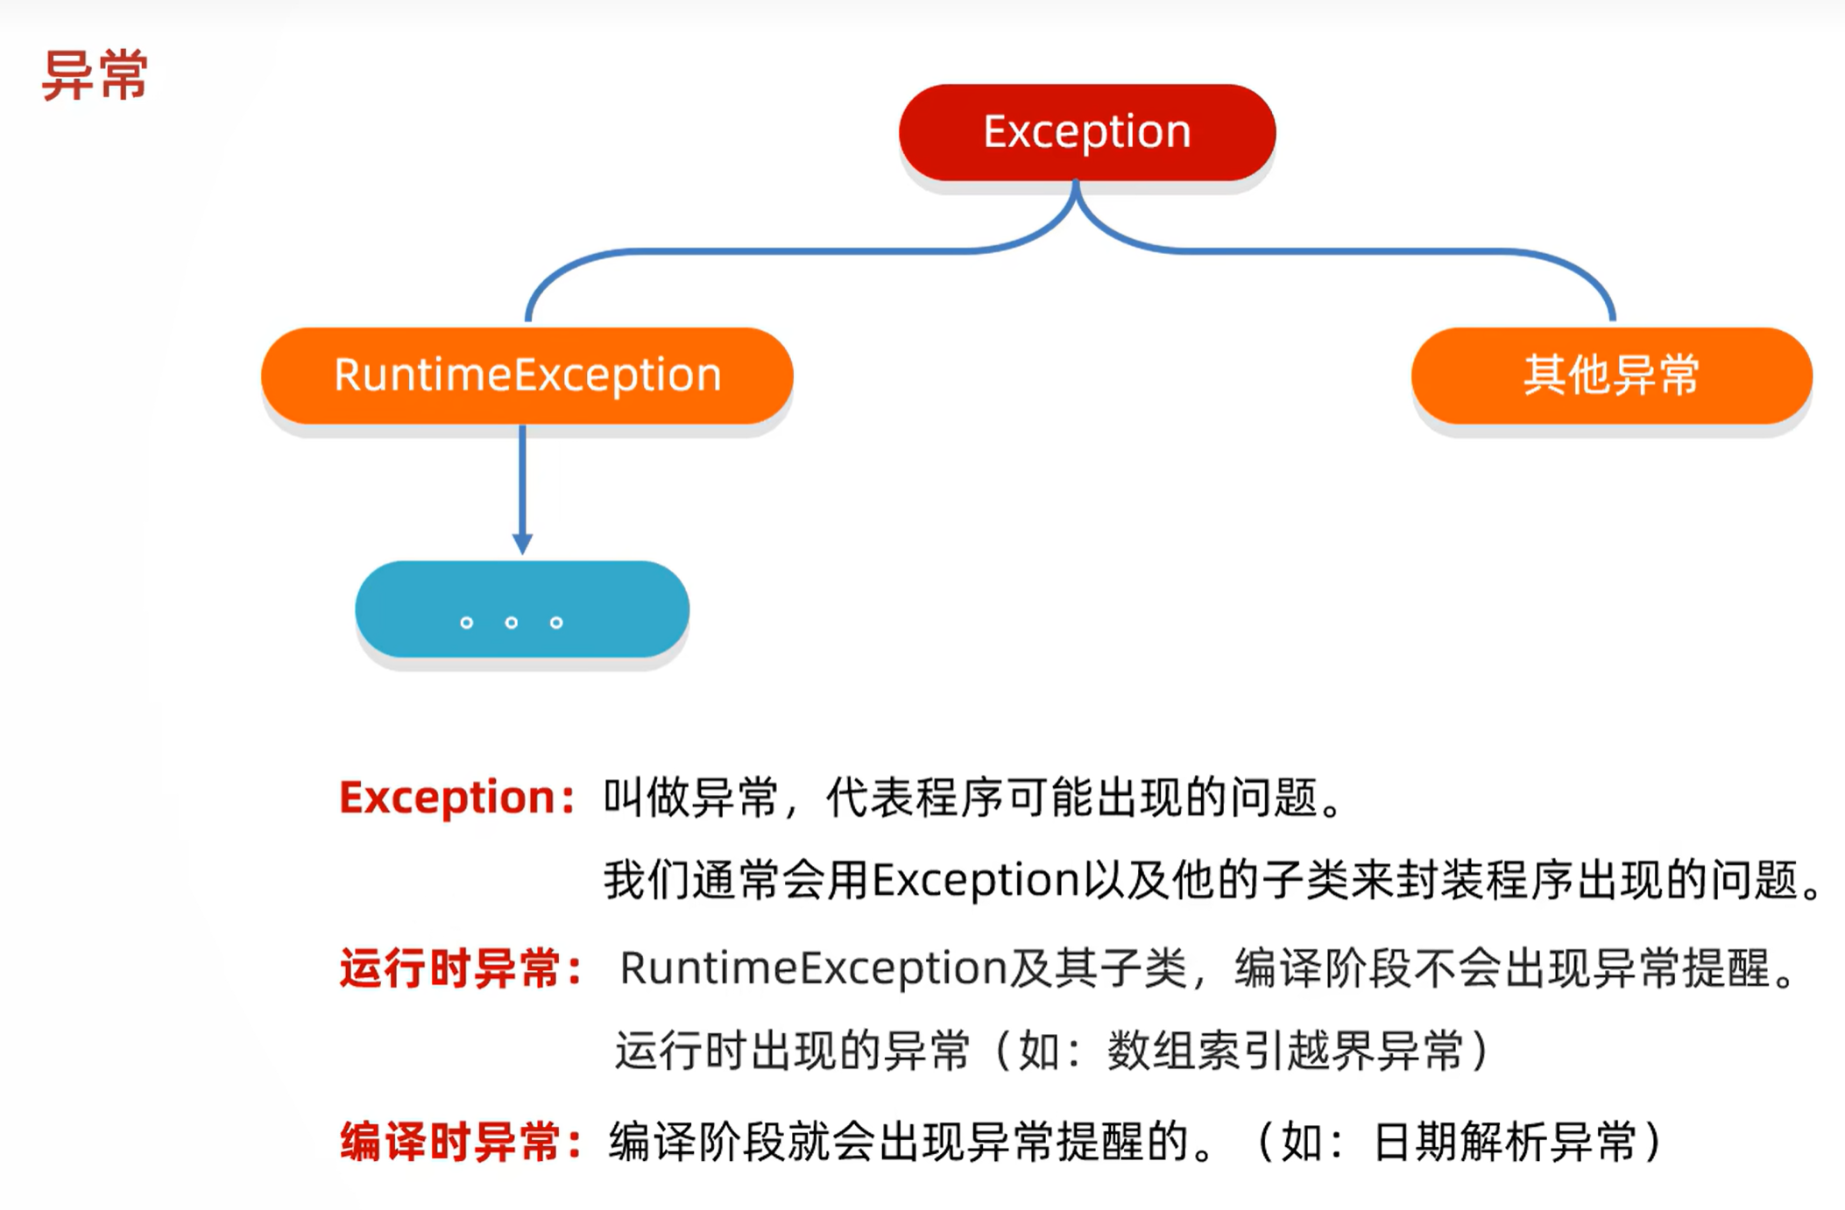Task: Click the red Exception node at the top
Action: [1086, 132]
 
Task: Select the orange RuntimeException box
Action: [527, 376]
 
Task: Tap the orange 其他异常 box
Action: [1611, 376]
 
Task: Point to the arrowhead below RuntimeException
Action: [523, 543]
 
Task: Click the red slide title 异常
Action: [95, 75]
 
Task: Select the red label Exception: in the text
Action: [456, 797]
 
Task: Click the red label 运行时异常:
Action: [461, 969]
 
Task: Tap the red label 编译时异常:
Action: [461, 1143]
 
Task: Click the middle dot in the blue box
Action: [512, 623]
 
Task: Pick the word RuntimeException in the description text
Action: [813, 968]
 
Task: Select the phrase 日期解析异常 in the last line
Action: [1504, 1142]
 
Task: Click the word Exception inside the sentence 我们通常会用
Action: [975, 879]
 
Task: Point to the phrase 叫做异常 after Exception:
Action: [690, 797]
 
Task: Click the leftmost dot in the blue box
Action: [467, 623]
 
